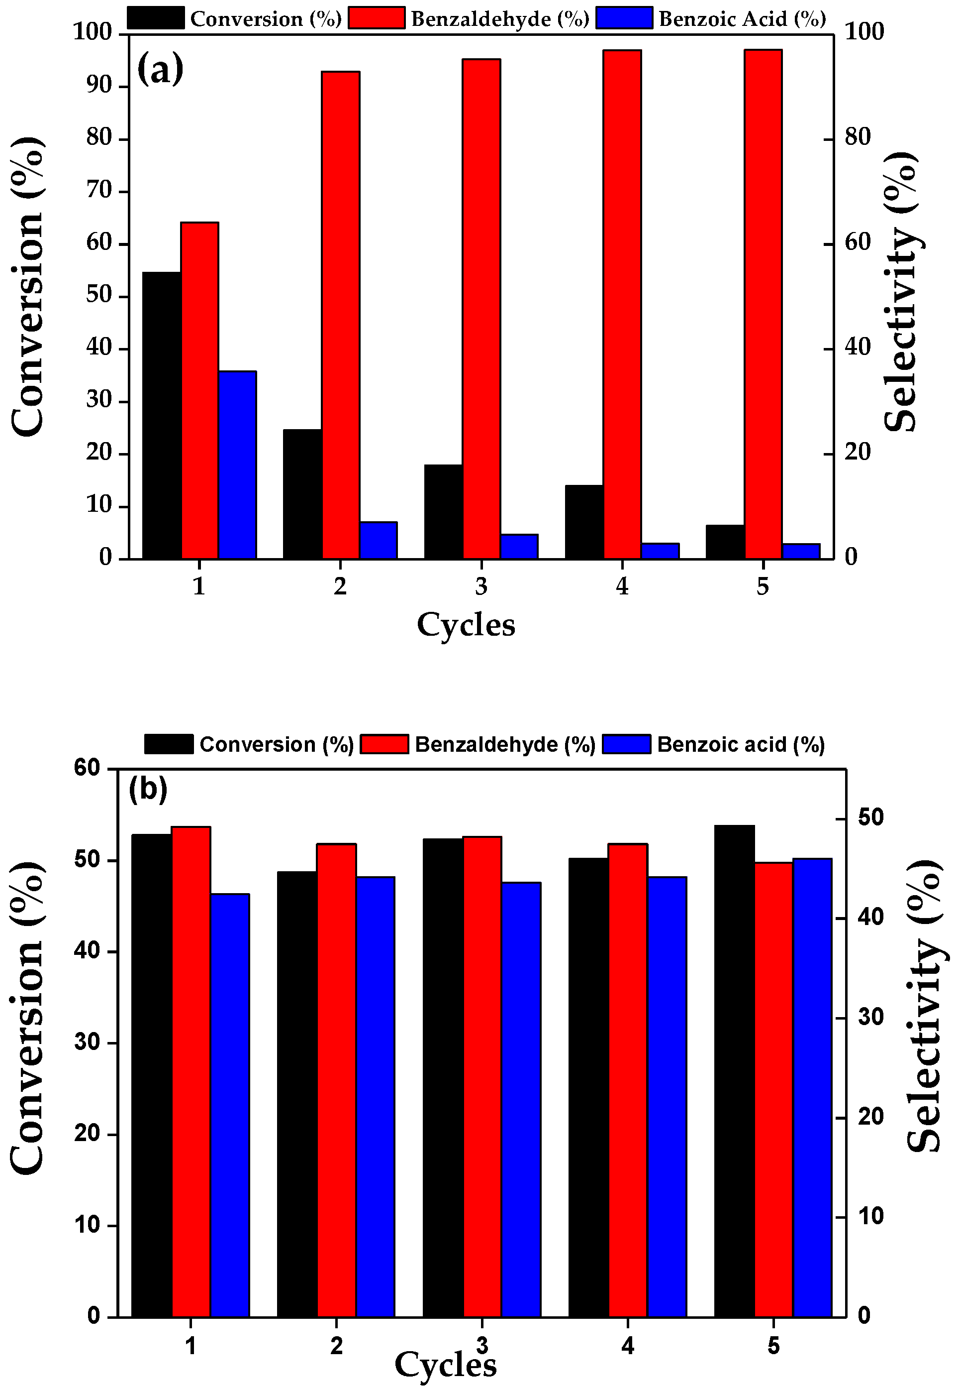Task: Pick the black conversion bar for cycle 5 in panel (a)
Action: click(725, 542)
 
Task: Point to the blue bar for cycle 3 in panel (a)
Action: click(519, 547)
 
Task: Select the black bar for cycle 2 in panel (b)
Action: click(297, 1094)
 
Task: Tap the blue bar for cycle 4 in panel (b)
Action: click(667, 1096)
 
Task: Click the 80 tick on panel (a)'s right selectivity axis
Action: click(858, 138)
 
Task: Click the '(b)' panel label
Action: click(148, 790)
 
